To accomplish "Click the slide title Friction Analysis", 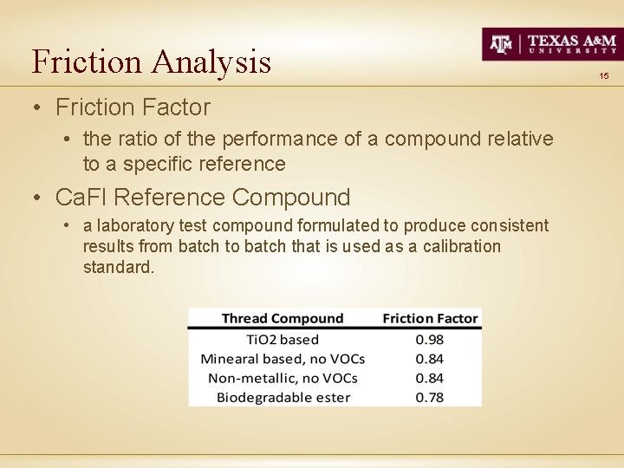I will pos(152,62).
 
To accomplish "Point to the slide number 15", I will pos(603,76).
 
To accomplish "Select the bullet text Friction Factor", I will pos(133,107).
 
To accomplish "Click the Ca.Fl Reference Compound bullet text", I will pos(203,198).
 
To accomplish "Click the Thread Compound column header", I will pos(283,318).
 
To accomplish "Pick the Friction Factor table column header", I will pos(430,318).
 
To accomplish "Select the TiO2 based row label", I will pos(283,340).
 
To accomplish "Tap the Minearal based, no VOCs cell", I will pos(283,359).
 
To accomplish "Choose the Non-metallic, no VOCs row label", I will pos(283,378).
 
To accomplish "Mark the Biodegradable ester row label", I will pos(283,397).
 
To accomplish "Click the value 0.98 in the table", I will pos(430,340).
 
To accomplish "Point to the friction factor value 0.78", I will pos(430,397).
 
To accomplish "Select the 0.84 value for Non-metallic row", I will pos(430,378).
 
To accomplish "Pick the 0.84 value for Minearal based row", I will pos(430,359).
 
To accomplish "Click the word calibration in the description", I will pos(461,246).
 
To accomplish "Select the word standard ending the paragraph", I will pos(118,267).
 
